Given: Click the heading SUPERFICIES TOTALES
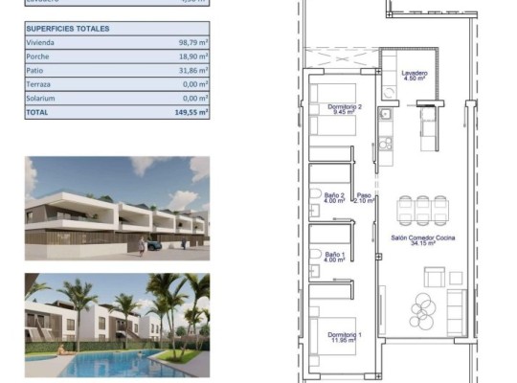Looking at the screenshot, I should click(68, 29).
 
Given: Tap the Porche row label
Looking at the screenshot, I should click(41, 56).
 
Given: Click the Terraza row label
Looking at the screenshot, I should click(42, 84).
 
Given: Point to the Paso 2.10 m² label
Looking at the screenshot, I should click(362, 197).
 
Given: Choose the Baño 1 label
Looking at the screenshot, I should click(335, 257).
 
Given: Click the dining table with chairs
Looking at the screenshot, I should click(421, 209).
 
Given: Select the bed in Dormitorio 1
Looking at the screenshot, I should click(329, 341).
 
